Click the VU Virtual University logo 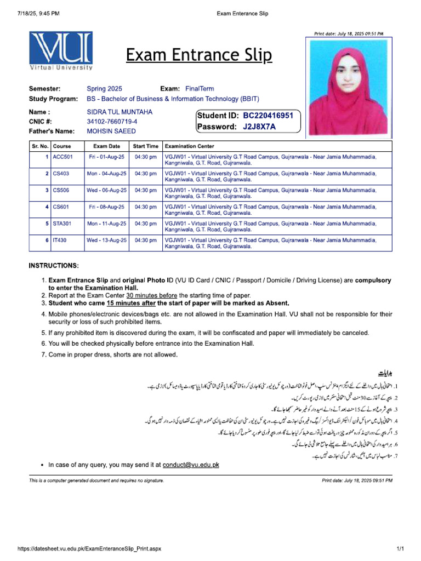(61, 51)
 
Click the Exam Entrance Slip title (198, 55)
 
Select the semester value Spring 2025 (104, 89)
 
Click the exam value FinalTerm (200, 89)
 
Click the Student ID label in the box (218, 116)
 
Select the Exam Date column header (106, 146)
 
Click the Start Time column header (145, 146)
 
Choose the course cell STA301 (62, 224)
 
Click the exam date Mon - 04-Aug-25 (106, 174)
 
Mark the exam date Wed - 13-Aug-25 (106, 240)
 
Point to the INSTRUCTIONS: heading (54, 266)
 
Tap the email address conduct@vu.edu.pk (191, 465)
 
